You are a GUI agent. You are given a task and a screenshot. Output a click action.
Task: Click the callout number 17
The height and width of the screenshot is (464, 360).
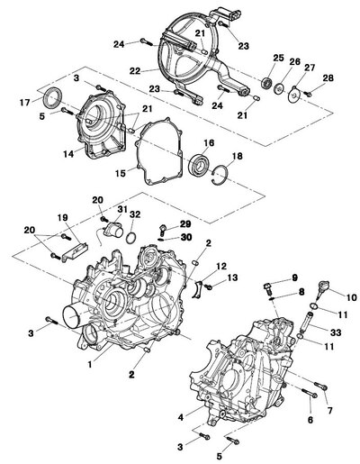25,103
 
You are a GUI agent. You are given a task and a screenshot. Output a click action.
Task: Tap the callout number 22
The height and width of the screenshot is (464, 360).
135,71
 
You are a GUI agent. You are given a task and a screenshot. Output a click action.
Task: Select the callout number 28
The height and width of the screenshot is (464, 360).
328,78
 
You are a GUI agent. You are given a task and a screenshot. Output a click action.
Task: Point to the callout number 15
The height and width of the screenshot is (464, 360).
121,173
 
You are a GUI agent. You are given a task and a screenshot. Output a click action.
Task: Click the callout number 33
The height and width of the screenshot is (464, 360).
336,332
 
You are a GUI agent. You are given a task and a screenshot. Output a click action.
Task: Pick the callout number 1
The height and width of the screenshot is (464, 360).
90,364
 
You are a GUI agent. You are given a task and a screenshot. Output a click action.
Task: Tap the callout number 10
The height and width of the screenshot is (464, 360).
351,297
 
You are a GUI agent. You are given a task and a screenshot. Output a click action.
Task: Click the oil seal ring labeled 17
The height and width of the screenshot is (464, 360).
54,96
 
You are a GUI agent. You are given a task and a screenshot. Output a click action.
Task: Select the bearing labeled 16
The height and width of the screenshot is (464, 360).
200,164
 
